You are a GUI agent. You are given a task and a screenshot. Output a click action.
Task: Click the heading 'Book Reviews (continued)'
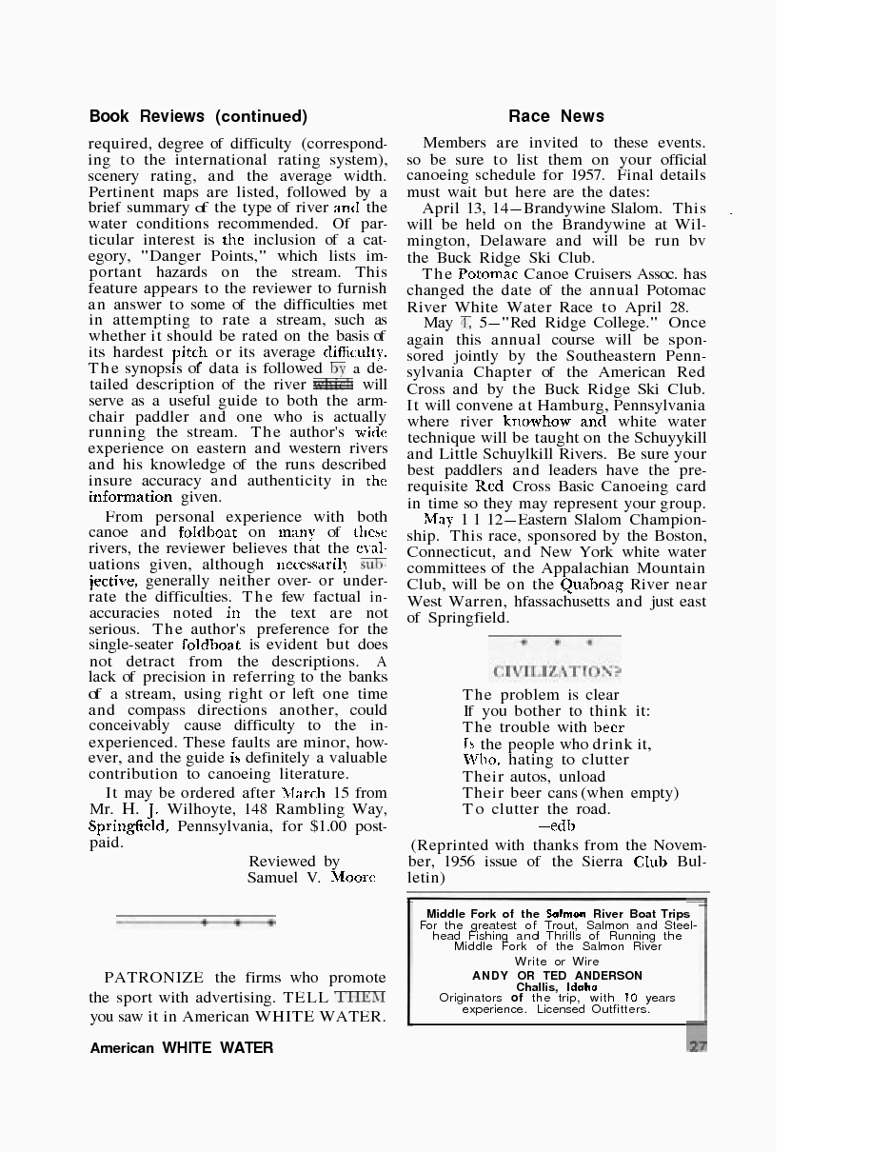(x=198, y=116)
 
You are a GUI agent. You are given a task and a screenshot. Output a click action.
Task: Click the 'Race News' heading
(x=556, y=116)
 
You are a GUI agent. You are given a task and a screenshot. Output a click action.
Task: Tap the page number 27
(x=698, y=1045)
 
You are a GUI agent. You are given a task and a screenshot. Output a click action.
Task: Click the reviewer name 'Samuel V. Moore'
(x=311, y=878)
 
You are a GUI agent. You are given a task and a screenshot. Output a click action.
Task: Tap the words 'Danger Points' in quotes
(x=216, y=256)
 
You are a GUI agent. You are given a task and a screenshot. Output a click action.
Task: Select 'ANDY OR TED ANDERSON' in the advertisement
(x=557, y=976)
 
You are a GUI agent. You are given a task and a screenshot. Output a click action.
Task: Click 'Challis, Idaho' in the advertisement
(x=557, y=987)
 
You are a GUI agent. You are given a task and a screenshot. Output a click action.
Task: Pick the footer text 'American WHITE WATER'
(x=182, y=1048)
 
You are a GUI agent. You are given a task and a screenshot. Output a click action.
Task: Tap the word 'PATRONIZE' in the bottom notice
(x=154, y=978)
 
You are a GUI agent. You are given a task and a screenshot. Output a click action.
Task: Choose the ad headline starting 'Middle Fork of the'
(x=557, y=914)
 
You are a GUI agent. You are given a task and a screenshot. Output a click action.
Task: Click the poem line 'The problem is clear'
(x=541, y=695)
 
